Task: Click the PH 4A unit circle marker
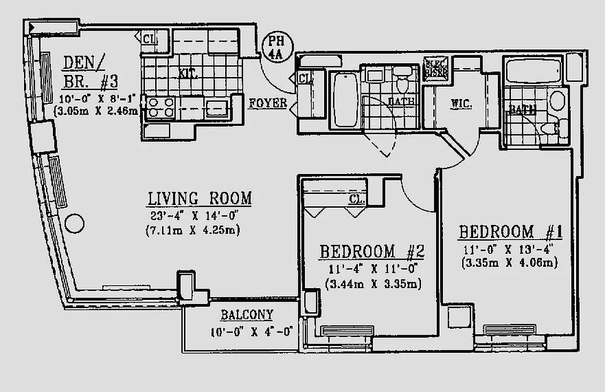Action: [278, 46]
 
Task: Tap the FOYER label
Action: [268, 103]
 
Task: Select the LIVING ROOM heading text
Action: [200, 198]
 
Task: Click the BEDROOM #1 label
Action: [511, 232]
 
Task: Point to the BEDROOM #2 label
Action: [372, 252]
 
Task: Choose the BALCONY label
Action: [247, 315]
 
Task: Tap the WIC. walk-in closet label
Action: [461, 104]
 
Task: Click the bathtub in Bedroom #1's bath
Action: [535, 71]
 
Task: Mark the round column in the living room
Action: [74, 223]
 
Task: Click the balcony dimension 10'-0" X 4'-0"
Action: [250, 331]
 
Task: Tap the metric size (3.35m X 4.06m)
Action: [509, 263]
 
